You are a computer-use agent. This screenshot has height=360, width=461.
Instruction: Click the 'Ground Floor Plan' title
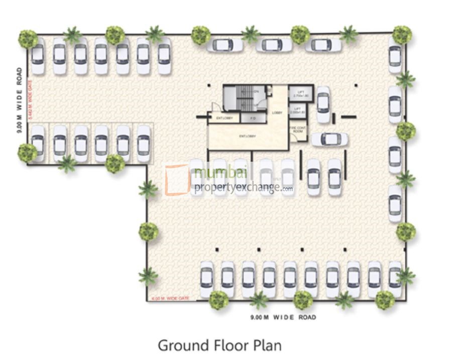pyautogui.click(x=219, y=345)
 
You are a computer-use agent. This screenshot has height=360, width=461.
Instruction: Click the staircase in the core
pyautogui.click(x=246, y=97)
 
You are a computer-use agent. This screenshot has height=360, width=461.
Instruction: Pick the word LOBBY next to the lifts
pyautogui.click(x=277, y=113)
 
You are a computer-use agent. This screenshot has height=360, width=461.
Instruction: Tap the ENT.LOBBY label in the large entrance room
pyautogui.click(x=248, y=136)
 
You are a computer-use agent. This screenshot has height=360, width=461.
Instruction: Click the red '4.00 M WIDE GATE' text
pyautogui.click(x=171, y=299)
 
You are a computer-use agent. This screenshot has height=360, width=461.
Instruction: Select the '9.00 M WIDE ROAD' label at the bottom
pyautogui.click(x=283, y=317)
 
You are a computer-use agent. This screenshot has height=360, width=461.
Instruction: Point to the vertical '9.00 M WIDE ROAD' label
pyautogui.click(x=19, y=100)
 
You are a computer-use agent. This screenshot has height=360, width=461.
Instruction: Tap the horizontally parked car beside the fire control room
pyautogui.click(x=329, y=139)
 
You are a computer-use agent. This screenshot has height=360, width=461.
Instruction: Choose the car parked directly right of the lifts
pyautogui.click(x=323, y=104)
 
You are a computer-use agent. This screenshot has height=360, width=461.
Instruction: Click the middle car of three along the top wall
pyautogui.click(x=274, y=45)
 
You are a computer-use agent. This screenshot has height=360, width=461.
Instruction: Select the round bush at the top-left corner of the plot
pyautogui.click(x=28, y=39)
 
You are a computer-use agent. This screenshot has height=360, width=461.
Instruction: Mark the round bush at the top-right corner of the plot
pyautogui.click(x=402, y=35)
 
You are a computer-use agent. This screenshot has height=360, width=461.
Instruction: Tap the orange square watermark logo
pyautogui.click(x=177, y=179)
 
